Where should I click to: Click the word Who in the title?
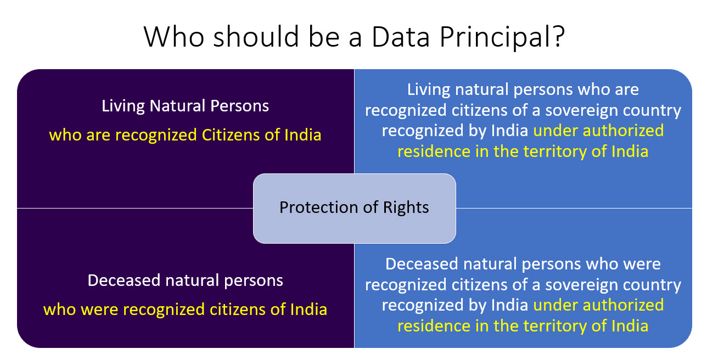174,37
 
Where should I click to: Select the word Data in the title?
401,37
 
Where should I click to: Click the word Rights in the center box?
406,208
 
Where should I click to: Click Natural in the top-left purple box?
177,106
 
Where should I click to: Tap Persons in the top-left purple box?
239,106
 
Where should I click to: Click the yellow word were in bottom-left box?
100,310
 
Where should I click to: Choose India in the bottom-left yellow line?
308,310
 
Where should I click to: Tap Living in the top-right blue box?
429,90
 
